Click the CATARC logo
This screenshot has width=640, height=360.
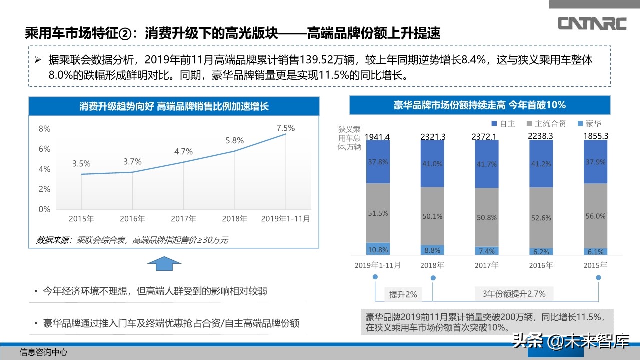coord(592,23)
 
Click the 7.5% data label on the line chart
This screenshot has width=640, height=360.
coord(286,128)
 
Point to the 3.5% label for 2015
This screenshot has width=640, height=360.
coord(81,163)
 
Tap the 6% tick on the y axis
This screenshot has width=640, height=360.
coord(45,149)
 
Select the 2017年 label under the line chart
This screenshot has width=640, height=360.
coord(183,219)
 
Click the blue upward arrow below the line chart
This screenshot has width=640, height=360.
coord(165,264)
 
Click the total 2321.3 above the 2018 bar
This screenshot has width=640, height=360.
coord(433,136)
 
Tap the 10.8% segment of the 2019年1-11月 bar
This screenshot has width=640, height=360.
coord(378,250)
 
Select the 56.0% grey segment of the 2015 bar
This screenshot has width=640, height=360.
coord(595,216)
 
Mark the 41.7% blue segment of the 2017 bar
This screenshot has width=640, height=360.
coord(487,164)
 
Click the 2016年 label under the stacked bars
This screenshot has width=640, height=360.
coord(541,265)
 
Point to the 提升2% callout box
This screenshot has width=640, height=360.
coord(403,294)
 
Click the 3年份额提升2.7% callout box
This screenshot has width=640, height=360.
coord(514,294)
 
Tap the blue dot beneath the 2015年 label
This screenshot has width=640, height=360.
coord(599,277)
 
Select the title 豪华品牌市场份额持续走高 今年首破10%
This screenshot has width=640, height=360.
coord(479,105)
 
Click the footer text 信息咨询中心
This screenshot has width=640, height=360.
coord(43,352)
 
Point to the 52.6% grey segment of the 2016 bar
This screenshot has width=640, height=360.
coord(541,218)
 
